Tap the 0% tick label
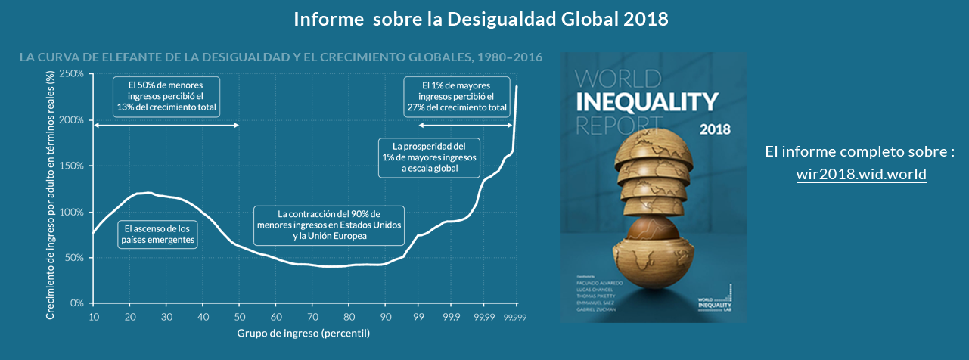(x=76, y=303)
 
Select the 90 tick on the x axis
(x=385, y=316)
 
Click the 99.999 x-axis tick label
(x=515, y=316)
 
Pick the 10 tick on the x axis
(x=93, y=316)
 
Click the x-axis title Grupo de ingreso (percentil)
(x=303, y=333)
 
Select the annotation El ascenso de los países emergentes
(x=158, y=234)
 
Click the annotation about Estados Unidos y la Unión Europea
(x=328, y=225)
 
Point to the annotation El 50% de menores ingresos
(x=166, y=95)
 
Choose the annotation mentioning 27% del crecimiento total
(x=457, y=95)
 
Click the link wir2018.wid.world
(x=861, y=174)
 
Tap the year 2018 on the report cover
(x=715, y=129)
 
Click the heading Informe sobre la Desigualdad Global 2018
(x=481, y=19)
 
